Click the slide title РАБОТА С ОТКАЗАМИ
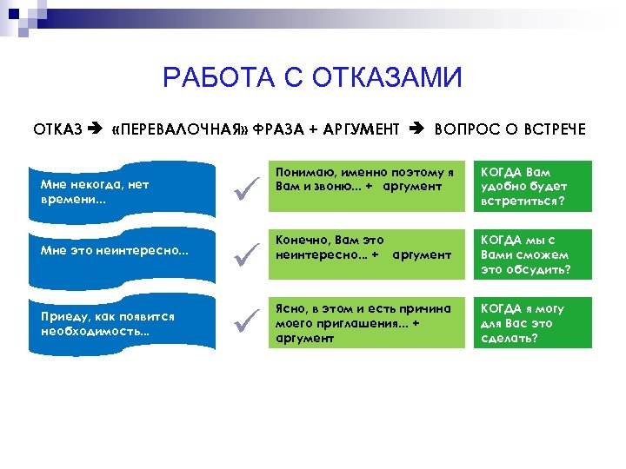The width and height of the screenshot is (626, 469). (312, 79)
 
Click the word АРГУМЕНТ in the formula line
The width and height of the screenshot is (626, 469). (361, 129)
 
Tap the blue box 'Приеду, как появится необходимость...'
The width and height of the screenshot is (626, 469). (121, 323)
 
